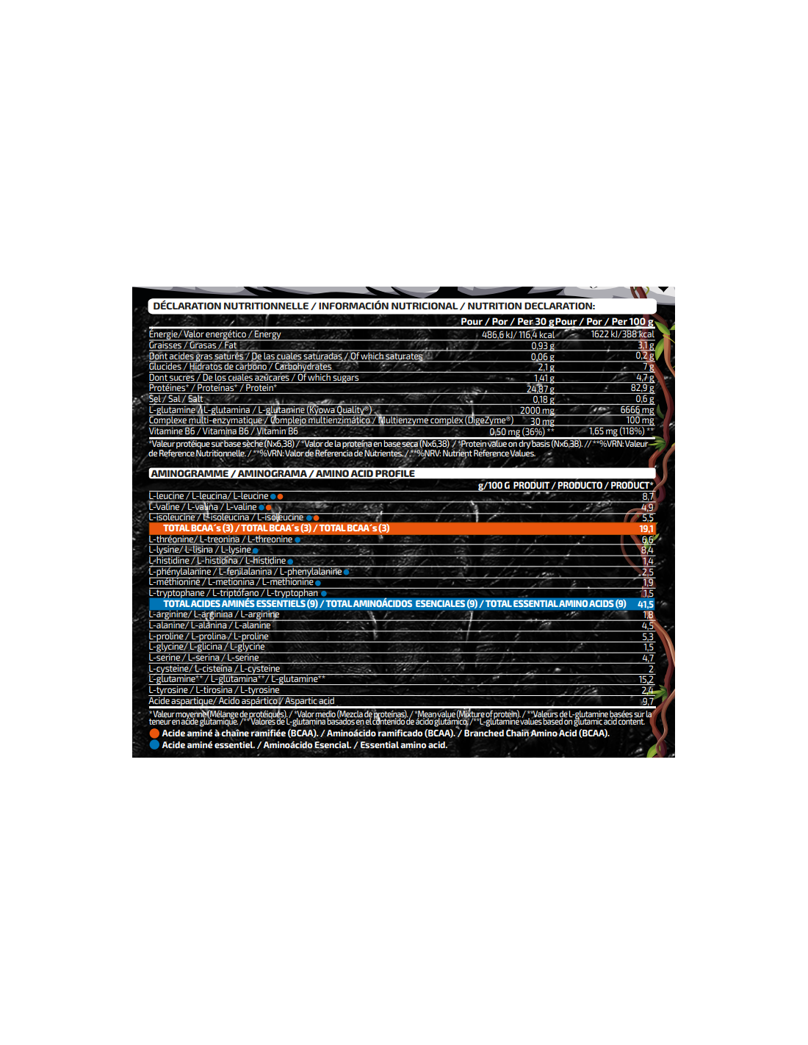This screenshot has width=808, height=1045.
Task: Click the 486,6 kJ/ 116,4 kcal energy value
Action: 518,335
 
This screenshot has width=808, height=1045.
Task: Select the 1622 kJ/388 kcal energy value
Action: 621,334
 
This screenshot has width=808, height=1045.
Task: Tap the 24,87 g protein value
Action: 540,389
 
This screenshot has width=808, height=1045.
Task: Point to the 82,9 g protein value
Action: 642,388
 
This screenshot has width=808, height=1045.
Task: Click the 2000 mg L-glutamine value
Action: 537,411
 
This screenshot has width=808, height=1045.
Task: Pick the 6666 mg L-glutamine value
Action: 637,410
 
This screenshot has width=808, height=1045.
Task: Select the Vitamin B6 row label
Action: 223,431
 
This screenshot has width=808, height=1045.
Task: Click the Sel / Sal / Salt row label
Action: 176,399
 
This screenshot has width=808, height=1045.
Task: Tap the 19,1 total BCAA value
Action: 646,528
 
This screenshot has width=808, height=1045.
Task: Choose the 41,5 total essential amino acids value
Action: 645,604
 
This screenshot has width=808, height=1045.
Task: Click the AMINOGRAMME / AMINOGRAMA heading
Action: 283,473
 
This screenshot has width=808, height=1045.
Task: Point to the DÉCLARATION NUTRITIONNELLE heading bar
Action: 374,306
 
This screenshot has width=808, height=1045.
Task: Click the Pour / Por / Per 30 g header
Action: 508,322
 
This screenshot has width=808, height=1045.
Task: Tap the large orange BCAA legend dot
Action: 154,733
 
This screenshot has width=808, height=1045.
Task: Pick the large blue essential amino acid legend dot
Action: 154,745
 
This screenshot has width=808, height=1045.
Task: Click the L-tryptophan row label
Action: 234,593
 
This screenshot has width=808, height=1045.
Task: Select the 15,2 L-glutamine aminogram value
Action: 646,680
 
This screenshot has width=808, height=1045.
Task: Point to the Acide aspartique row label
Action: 242,701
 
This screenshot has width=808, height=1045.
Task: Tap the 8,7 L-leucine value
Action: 647,497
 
